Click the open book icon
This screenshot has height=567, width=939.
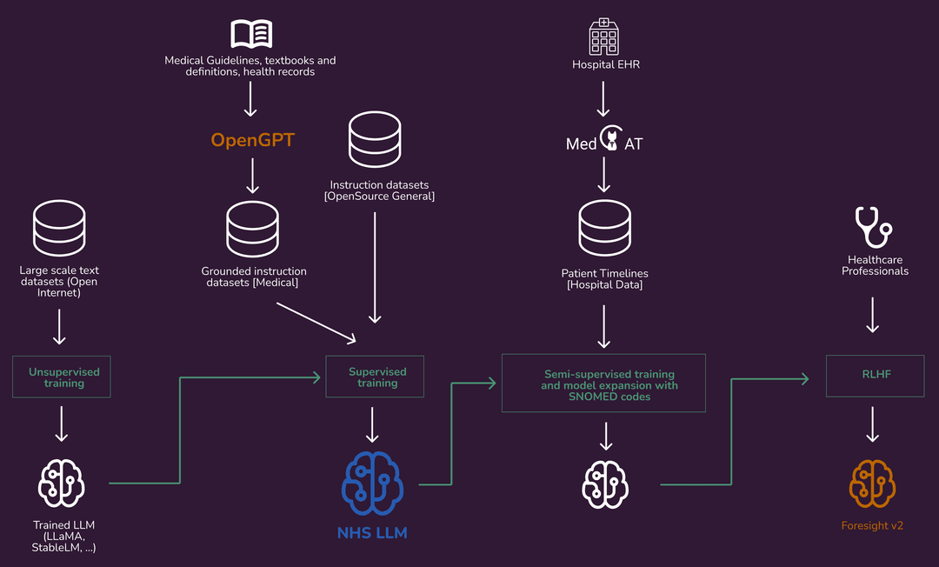click(x=250, y=34)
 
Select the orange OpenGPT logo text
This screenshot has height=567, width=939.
click(x=252, y=140)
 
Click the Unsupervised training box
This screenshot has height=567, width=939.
click(x=62, y=377)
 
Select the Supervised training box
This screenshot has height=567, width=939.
click(x=375, y=377)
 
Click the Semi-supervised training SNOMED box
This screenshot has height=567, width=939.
click(x=603, y=383)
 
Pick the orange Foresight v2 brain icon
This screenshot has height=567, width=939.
click(x=872, y=484)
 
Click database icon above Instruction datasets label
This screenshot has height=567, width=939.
click(x=375, y=141)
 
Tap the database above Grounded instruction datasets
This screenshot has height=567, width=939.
click(x=252, y=229)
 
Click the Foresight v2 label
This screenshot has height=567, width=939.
click(x=872, y=526)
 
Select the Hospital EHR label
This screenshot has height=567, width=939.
click(x=605, y=64)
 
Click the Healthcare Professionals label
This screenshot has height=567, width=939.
click(x=877, y=265)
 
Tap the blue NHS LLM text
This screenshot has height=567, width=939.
click(x=372, y=532)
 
